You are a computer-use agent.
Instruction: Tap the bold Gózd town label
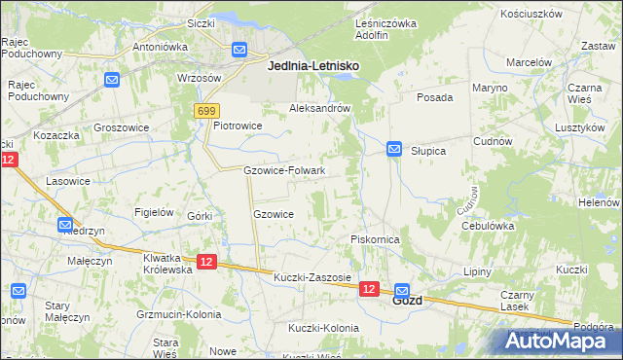pyautogui.click(x=407, y=301)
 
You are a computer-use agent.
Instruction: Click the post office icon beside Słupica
pyautogui.click(x=394, y=149)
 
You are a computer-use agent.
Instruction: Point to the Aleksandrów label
pyautogui.click(x=319, y=109)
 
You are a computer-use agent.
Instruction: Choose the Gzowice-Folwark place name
pyautogui.click(x=283, y=170)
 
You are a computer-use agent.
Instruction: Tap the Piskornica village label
pyautogui.click(x=376, y=239)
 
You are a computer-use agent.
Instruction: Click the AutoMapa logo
pyautogui.click(x=558, y=340)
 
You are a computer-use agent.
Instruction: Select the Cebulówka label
pyautogui.click(x=488, y=226)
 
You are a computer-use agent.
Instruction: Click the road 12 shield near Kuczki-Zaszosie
pyautogui.click(x=368, y=289)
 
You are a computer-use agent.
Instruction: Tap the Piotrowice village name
pyautogui.click(x=238, y=126)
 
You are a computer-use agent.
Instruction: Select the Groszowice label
pyautogui.click(x=121, y=126)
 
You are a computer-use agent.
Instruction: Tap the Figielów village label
pyautogui.click(x=154, y=212)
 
